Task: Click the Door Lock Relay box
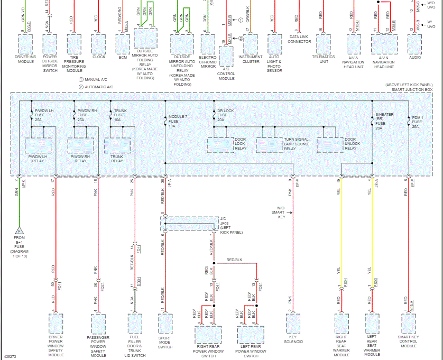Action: click(220, 145)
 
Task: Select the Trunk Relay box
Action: click(117, 145)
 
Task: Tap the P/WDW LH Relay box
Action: click(38, 145)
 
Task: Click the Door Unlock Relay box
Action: click(330, 145)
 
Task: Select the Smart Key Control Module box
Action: click(409, 322)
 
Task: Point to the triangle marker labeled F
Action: click(19, 230)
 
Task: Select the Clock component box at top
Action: click(99, 43)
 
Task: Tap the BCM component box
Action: click(123, 43)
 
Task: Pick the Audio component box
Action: click(415, 43)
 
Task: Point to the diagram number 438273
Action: click(10, 356)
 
